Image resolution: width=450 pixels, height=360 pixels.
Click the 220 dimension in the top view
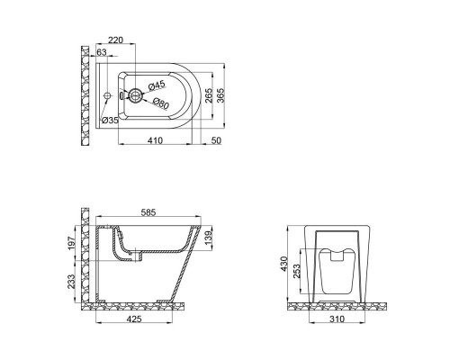(115, 40)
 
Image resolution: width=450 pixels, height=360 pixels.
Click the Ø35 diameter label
(112, 120)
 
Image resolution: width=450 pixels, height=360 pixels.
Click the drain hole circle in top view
(133, 94)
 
